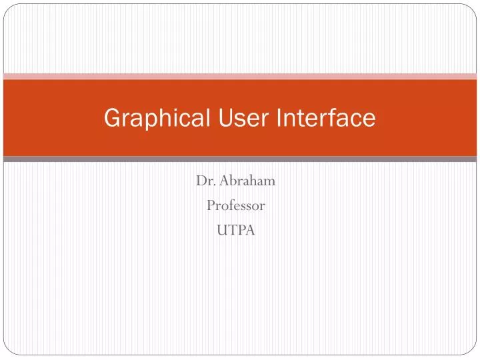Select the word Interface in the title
coord(325,118)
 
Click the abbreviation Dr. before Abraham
coord(205,180)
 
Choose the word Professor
coord(235,206)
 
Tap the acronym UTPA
coord(235,231)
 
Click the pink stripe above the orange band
coord(240,76)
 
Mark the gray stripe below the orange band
coord(240,159)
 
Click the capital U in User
coord(224,118)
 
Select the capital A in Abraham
coord(224,180)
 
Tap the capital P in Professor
coord(210,206)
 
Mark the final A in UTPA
coord(250,231)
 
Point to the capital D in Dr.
coord(201,180)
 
